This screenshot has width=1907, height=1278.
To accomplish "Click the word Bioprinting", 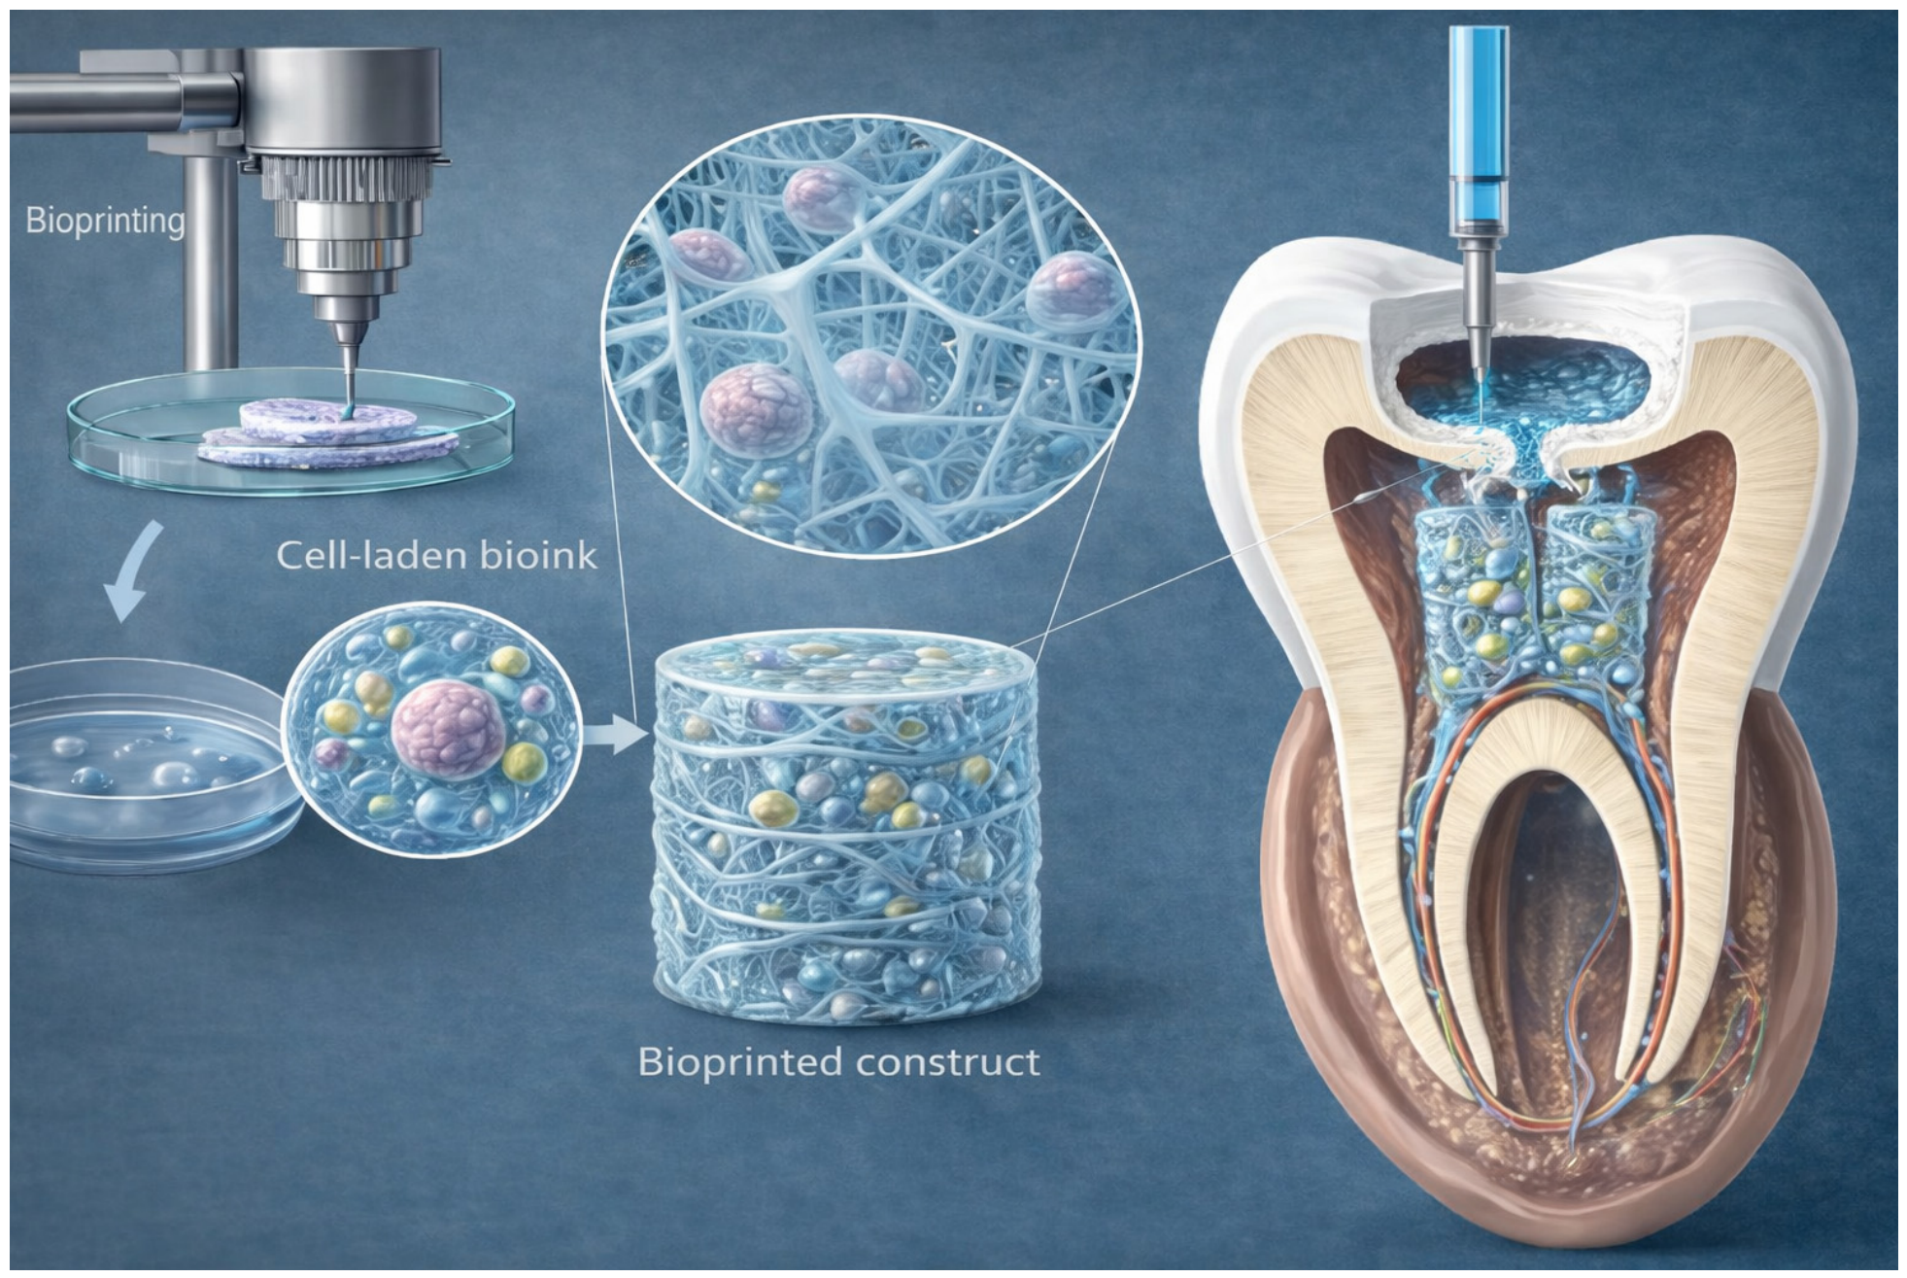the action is [105, 221].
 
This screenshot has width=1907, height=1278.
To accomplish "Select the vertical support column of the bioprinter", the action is [209, 262].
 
